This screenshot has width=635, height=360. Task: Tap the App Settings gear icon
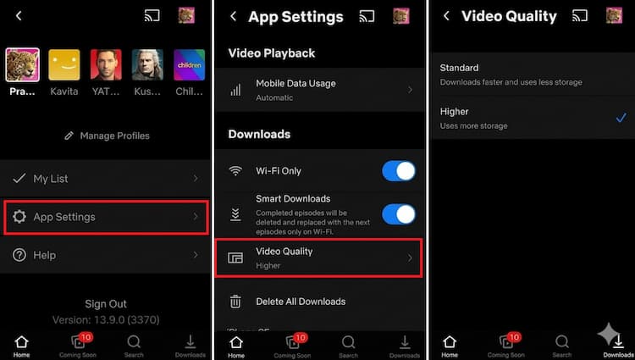click(x=19, y=218)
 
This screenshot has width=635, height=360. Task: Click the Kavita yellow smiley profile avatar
click(x=64, y=64)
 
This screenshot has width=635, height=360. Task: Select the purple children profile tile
click(x=189, y=64)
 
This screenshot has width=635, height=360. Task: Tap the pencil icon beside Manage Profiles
click(x=69, y=136)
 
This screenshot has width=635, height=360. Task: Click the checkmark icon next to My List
click(x=19, y=179)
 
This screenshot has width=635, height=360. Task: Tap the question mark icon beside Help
click(x=19, y=255)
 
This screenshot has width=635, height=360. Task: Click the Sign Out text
click(x=106, y=304)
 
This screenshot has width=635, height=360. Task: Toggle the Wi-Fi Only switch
click(x=398, y=171)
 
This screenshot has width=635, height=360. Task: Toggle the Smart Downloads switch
click(x=398, y=213)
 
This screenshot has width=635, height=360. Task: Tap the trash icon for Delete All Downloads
click(x=236, y=302)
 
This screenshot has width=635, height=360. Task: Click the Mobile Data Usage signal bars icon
click(x=235, y=90)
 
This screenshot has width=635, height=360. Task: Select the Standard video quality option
click(x=459, y=68)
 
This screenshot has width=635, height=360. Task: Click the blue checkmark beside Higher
click(x=621, y=118)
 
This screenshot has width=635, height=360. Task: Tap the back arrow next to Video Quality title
click(x=446, y=16)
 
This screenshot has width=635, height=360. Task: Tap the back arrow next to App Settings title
click(x=232, y=16)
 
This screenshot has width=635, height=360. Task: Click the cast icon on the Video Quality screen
click(x=580, y=16)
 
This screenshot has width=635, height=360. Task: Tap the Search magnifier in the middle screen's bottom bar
click(x=348, y=343)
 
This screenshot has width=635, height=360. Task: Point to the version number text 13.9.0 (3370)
click(x=106, y=320)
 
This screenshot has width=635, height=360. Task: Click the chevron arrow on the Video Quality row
click(x=411, y=258)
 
